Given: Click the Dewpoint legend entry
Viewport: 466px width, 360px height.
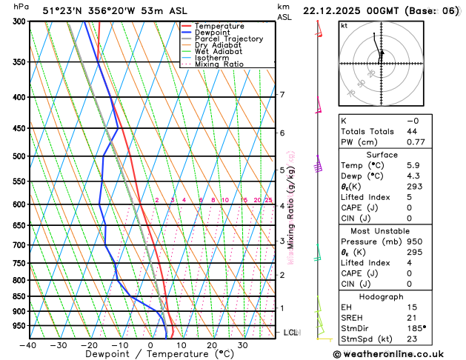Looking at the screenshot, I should click(x=213, y=33).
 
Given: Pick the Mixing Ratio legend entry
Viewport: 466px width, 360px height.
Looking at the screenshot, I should click(x=219, y=64).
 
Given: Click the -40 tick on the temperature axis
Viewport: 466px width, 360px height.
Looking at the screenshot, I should click(x=28, y=345).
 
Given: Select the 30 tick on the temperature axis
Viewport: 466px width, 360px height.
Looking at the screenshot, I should click(x=242, y=345).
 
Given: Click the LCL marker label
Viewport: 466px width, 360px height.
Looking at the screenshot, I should click(x=290, y=333).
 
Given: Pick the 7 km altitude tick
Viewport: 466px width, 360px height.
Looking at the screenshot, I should click(x=282, y=95).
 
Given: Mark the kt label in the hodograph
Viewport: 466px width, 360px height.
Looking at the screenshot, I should click(x=344, y=25).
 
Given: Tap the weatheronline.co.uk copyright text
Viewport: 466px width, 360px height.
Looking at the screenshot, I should click(x=398, y=353).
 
